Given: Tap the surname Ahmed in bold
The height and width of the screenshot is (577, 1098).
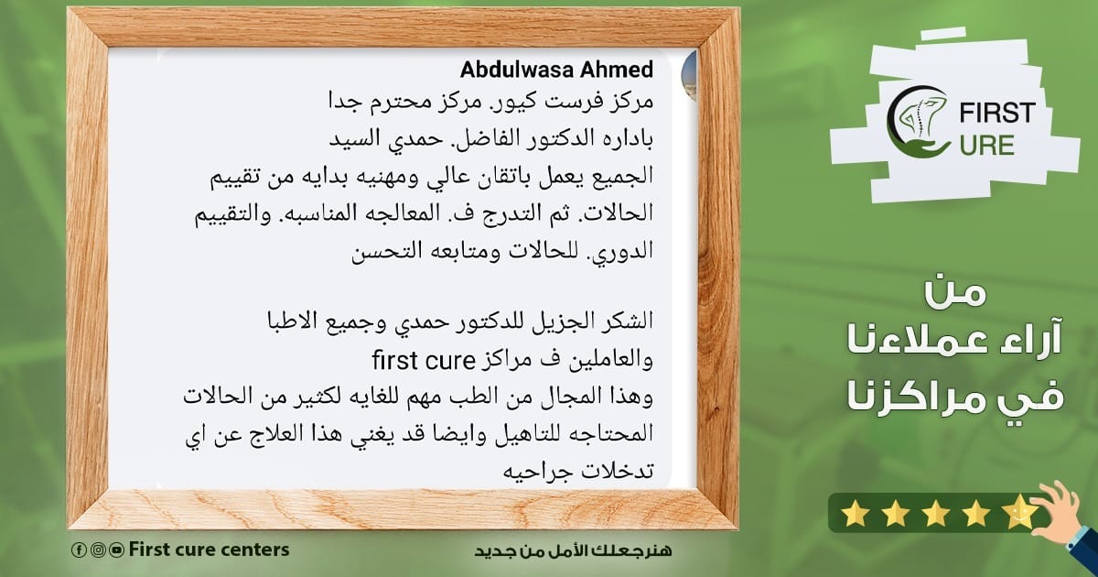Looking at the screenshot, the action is tap(617, 70).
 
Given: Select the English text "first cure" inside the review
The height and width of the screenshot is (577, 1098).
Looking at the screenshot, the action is tap(424, 361).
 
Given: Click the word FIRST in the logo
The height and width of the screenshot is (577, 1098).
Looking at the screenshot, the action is tap(997, 113).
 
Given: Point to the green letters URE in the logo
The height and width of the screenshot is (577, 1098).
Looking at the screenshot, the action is tap(986, 147).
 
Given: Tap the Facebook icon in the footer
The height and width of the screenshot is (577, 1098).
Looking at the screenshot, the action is tap(79, 550).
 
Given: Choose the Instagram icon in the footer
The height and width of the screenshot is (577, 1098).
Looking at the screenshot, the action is tap(98, 550).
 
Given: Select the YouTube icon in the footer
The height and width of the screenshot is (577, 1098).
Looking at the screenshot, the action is tap(117, 550).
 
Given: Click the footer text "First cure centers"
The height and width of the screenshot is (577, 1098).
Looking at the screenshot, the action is tap(209, 550).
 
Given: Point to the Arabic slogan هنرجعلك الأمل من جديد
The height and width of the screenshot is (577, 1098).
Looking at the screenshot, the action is tap(573, 550).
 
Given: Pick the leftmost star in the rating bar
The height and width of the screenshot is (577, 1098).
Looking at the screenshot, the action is tap(855, 515).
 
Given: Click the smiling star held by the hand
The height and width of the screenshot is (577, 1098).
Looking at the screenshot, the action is tap(1019, 512).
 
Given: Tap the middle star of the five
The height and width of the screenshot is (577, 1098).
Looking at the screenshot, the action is tap(936, 515).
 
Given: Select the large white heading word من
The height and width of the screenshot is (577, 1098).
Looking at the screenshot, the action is tap(955, 293).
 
